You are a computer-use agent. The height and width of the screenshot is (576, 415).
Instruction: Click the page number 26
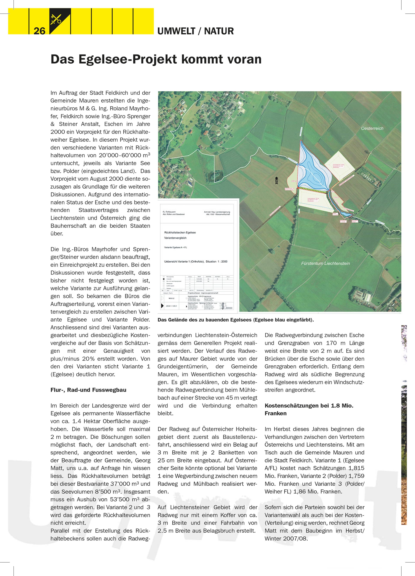coord(39,31)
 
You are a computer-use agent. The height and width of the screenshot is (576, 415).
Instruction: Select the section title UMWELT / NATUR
coord(195,31)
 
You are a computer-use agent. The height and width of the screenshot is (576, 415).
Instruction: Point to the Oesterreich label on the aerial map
coord(372,128)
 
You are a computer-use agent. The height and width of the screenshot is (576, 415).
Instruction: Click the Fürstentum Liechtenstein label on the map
coord(325,263)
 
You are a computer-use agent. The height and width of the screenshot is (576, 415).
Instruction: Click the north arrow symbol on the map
coord(277,181)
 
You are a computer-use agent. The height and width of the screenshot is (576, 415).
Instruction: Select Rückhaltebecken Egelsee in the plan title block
coord(180,232)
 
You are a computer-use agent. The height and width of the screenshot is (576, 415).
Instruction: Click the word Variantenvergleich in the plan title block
coord(175,238)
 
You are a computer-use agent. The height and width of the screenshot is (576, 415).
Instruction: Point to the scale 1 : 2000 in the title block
coord(222,261)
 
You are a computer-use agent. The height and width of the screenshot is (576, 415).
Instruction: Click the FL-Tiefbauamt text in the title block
coord(169,212)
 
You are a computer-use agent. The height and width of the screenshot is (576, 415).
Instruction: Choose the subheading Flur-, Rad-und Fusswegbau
coord(88,390)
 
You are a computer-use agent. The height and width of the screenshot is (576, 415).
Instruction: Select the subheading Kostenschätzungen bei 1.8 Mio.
coord(309,406)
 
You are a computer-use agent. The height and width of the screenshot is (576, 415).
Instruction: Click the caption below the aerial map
coord(236,320)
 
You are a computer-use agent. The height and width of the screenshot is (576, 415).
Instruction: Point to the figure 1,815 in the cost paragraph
coord(356,468)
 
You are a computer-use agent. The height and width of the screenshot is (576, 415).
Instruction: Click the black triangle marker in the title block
coord(162,306)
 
